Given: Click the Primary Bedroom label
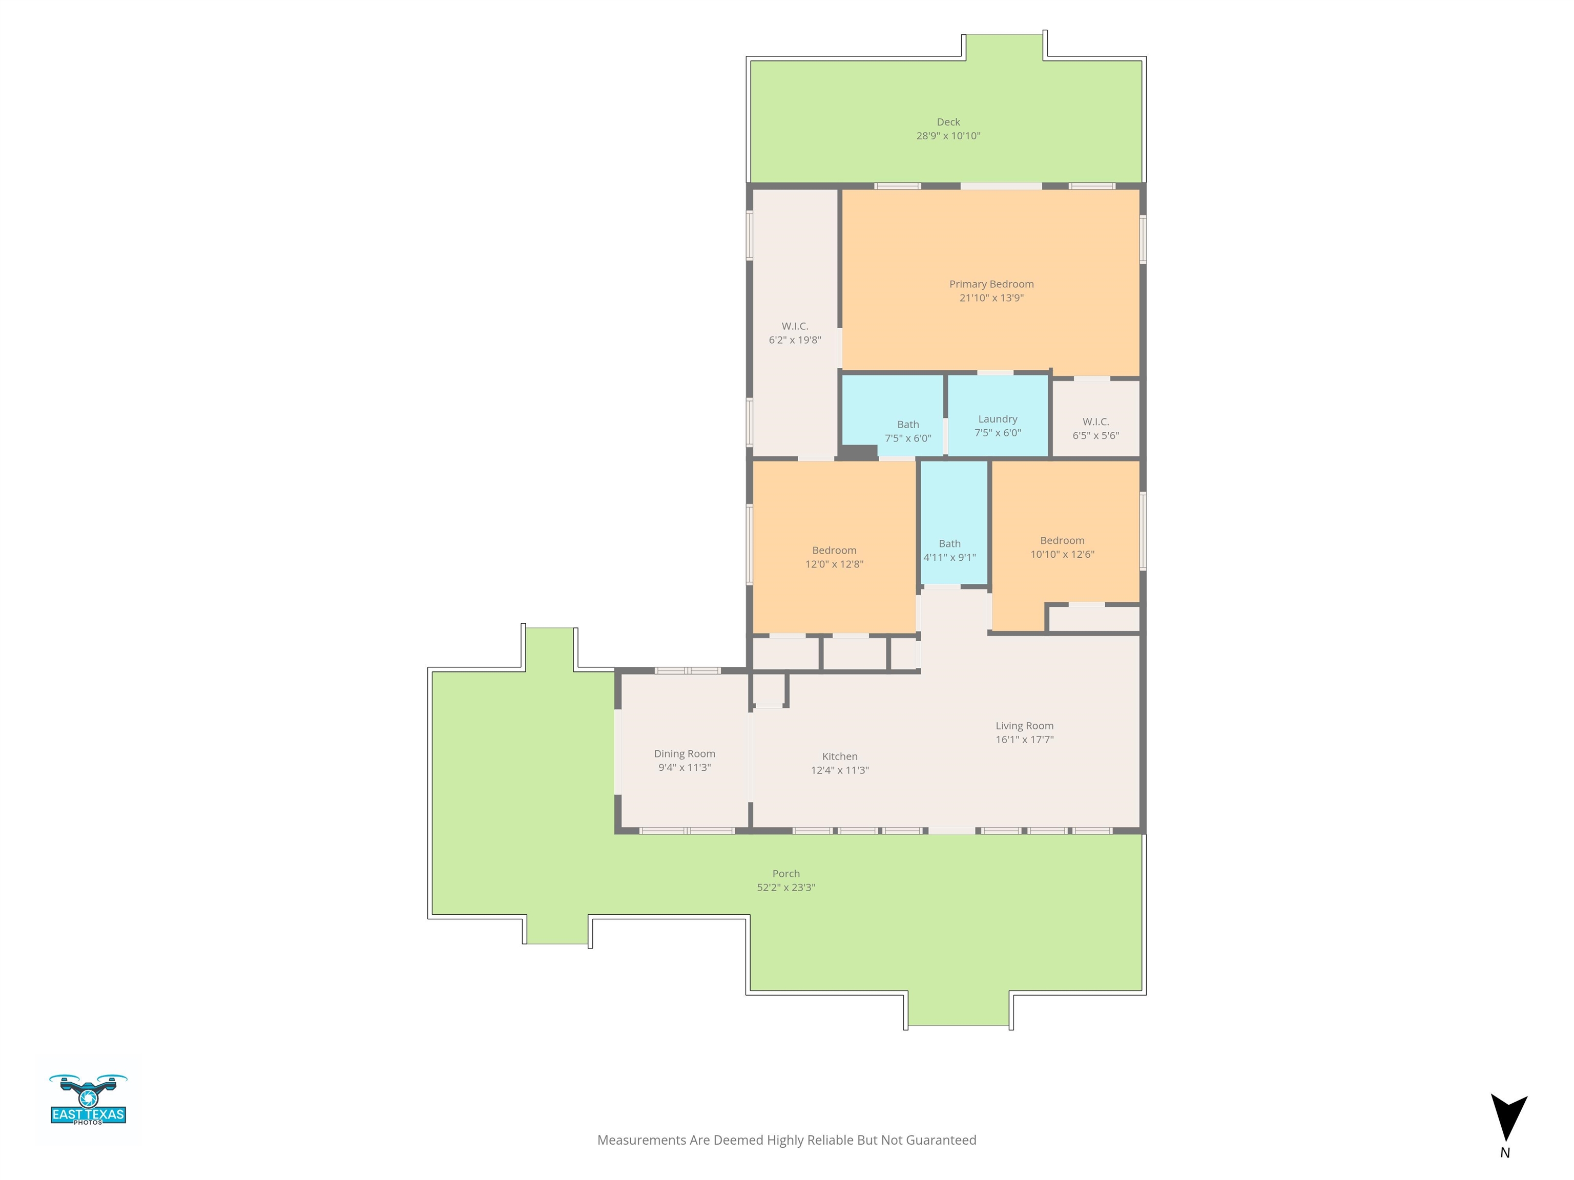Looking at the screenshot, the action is coord(991,284).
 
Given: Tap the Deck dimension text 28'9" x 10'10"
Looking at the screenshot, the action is coord(948,136).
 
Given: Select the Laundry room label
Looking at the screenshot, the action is coord(998,419).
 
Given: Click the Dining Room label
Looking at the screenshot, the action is coord(685,753).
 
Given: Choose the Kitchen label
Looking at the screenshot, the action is coord(840,756).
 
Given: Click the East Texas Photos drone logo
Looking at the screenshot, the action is coord(88,1100).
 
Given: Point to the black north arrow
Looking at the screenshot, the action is coord(1508,1118).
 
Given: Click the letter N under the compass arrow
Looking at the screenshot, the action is coord(1505,1153).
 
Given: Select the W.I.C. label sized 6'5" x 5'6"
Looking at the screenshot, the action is coord(1096,422).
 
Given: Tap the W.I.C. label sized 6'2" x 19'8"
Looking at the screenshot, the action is coord(795,326).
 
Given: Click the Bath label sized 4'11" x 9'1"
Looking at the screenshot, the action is coord(949,543).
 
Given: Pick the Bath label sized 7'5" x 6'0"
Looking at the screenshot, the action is coord(908,425).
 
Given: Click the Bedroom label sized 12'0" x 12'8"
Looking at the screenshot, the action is coord(834,551).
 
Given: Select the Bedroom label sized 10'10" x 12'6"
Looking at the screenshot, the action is coord(1062,540).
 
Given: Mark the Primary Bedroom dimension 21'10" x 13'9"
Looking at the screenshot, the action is coord(991,298).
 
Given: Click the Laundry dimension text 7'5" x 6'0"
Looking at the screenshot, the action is coord(998,432).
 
